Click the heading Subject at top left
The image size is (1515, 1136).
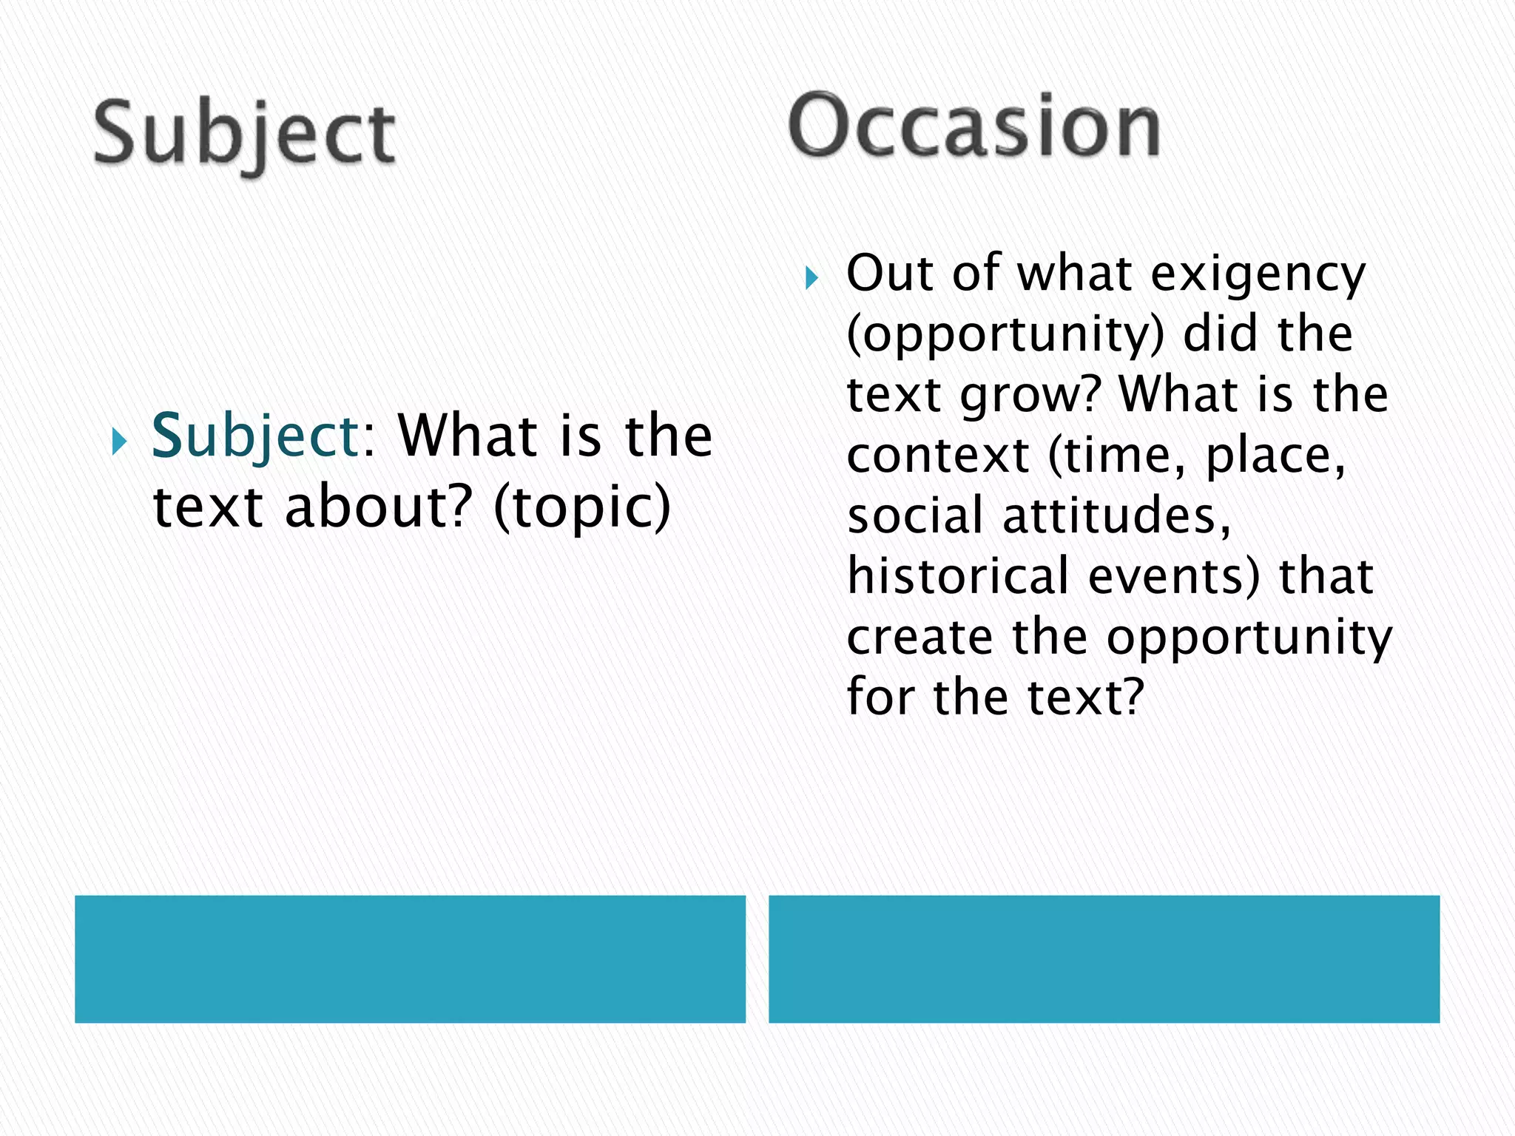click(x=244, y=135)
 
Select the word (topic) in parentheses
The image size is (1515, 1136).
click(x=582, y=508)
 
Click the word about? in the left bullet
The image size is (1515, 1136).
click(x=378, y=508)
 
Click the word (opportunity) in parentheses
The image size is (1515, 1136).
click(x=1005, y=335)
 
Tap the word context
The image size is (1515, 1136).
click(x=938, y=456)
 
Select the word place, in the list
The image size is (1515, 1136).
click(x=1275, y=456)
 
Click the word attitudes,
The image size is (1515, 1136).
click(x=1117, y=515)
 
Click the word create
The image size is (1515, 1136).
click(x=920, y=637)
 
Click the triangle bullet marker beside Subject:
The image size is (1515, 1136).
click(x=119, y=442)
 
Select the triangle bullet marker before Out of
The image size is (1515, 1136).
click(x=812, y=279)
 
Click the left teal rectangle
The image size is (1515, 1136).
click(x=410, y=958)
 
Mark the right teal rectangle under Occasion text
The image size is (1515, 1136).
click(x=1104, y=958)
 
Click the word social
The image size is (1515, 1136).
click(x=915, y=515)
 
